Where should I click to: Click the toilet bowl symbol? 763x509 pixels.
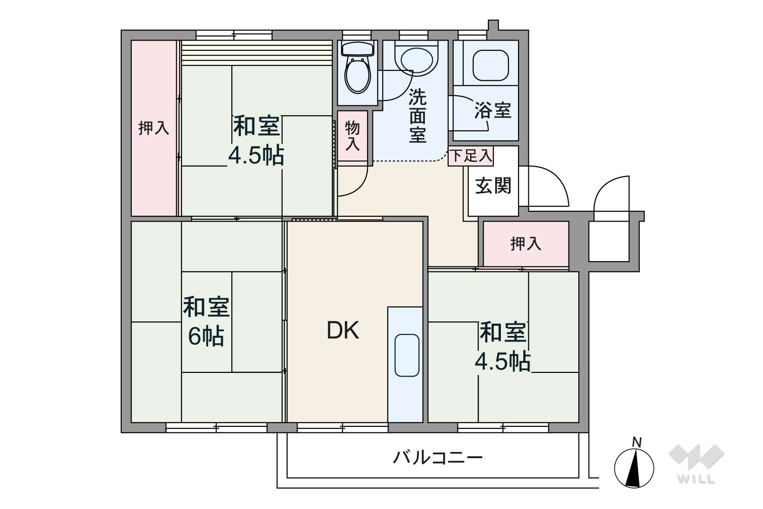[x=357, y=74]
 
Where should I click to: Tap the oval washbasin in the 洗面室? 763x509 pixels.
[x=416, y=60]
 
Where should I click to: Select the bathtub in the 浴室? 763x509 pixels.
[x=491, y=65]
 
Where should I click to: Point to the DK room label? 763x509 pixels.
[x=343, y=330]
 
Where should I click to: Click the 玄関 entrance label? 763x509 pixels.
[x=493, y=186]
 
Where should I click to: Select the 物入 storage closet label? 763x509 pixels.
[x=352, y=136]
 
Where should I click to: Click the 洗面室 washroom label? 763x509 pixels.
[x=417, y=116]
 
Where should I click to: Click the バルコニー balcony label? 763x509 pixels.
[x=438, y=458]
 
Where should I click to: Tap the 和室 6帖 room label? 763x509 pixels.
[x=207, y=321]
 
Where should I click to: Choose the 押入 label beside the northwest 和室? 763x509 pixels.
[x=153, y=128]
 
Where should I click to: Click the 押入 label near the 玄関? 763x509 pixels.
[x=526, y=244]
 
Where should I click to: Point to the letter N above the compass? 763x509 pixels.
[x=636, y=443]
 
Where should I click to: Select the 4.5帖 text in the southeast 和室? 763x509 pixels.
[x=503, y=362]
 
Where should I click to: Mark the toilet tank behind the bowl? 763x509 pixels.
[x=358, y=48]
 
